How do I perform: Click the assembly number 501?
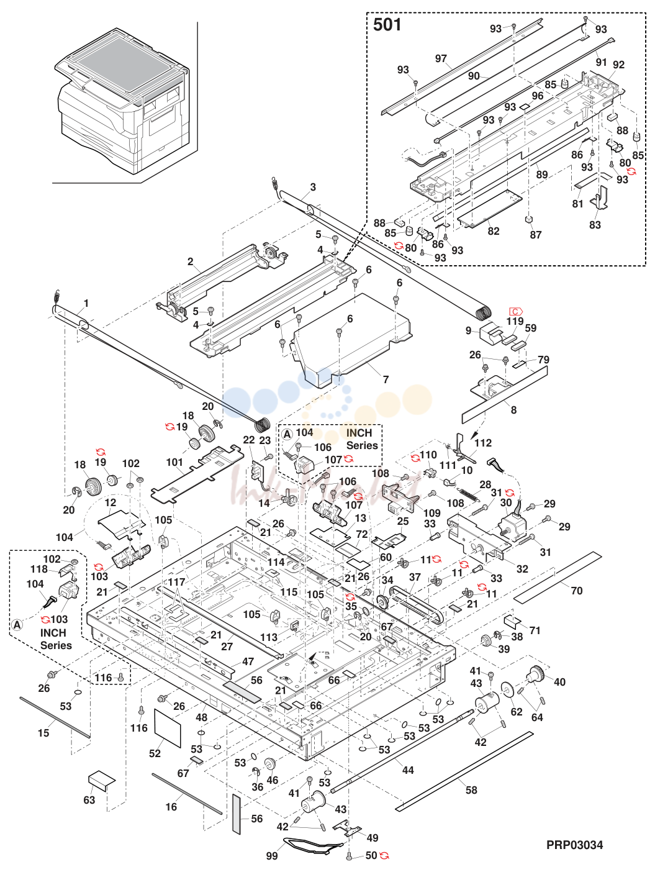(387, 25)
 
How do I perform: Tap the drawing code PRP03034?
(574, 845)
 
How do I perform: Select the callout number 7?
(386, 379)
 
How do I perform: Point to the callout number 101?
(174, 463)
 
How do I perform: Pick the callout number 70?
(576, 591)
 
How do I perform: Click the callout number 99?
(271, 855)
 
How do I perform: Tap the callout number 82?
(493, 231)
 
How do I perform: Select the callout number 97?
(441, 58)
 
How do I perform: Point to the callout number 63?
(89, 800)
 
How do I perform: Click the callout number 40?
(559, 682)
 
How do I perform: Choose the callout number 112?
(483, 443)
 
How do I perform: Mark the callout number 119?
(515, 320)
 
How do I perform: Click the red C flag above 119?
(516, 311)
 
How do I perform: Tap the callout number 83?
(595, 224)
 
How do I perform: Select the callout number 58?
(471, 790)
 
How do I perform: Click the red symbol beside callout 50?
(384, 856)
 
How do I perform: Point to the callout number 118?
(39, 570)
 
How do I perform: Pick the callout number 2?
(191, 261)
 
